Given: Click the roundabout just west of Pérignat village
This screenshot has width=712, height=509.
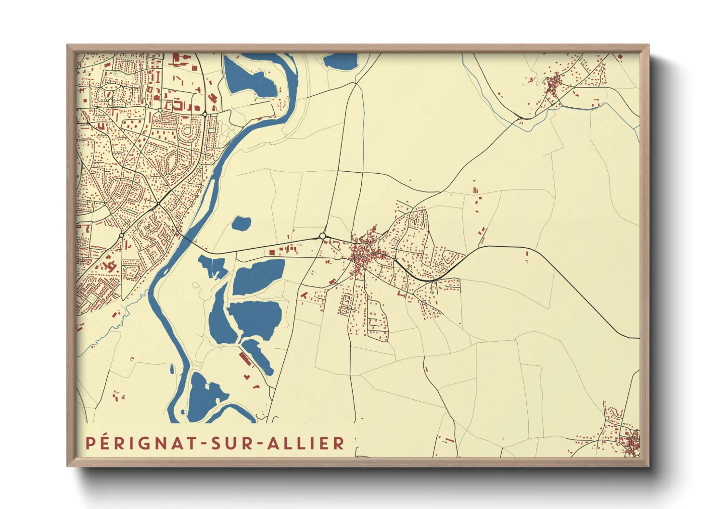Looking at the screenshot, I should click(x=322, y=236).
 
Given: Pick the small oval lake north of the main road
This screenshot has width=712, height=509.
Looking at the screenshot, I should click(x=242, y=223).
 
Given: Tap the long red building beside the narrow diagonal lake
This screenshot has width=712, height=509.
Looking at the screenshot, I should click(x=245, y=358).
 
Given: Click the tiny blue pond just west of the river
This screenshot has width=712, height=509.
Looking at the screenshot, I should click(x=172, y=369).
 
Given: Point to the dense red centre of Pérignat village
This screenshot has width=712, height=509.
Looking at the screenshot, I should click(x=362, y=255).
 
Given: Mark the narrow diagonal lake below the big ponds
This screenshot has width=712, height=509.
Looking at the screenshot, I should click(x=259, y=356).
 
